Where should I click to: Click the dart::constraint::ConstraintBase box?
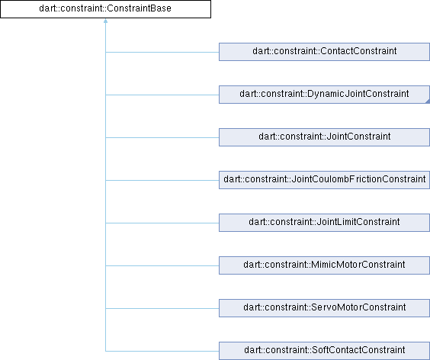(105, 9)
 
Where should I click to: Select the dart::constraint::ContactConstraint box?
(325, 52)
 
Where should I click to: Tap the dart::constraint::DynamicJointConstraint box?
(325, 95)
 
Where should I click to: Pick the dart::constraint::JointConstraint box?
(325, 137)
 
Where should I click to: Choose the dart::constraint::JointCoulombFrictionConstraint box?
(325, 180)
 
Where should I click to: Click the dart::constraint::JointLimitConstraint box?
(325, 223)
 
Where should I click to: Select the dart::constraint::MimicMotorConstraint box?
(325, 265)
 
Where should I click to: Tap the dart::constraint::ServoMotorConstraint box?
(325, 308)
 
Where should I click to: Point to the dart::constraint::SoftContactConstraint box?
(325, 351)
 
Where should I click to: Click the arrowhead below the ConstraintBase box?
(105, 21)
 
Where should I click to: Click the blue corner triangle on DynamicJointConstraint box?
(428, 101)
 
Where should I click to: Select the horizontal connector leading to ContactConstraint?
(162, 52)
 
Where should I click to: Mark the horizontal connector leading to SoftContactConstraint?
(162, 351)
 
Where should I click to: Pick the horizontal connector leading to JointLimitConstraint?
(162, 223)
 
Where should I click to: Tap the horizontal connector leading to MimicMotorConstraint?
(162, 265)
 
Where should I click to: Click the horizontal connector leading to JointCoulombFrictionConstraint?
(162, 180)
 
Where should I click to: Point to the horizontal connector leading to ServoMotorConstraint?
(162, 308)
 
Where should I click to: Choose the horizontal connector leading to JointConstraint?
(162, 137)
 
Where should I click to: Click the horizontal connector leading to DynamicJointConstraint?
(162, 95)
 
